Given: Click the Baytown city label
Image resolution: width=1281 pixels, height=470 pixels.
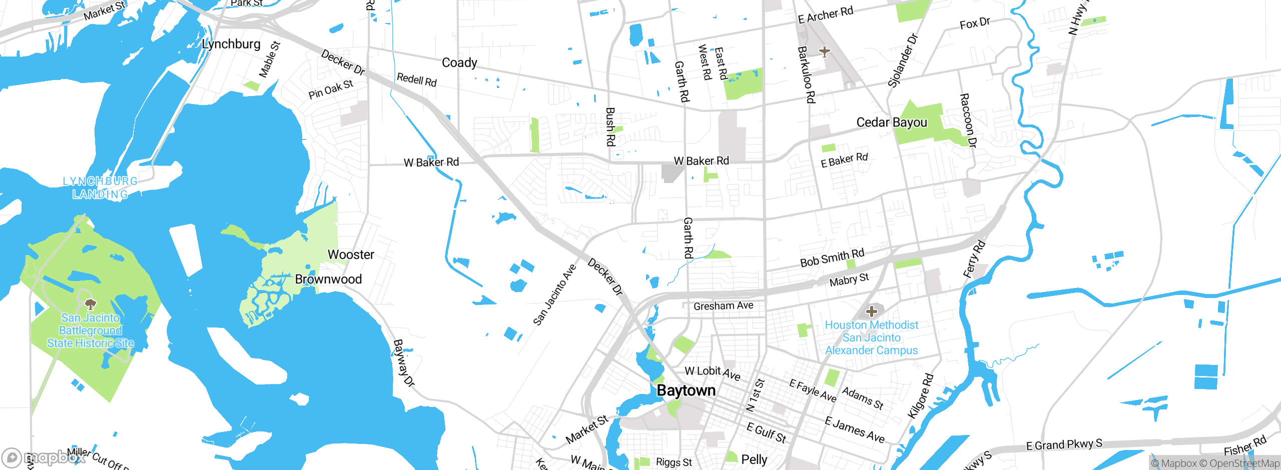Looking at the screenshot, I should pyautogui.click(x=686, y=390).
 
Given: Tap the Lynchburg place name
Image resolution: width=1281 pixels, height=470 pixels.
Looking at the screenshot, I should pyautogui.click(x=231, y=44).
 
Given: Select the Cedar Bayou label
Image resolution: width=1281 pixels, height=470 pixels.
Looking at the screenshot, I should pyautogui.click(x=892, y=122).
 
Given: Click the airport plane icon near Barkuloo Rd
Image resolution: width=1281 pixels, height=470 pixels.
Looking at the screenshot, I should pyautogui.click(x=824, y=51).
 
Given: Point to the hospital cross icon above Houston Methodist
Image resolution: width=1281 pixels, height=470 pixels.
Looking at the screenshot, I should pyautogui.click(x=871, y=311).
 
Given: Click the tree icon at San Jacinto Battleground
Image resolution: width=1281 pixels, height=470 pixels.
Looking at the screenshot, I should pyautogui.click(x=91, y=303).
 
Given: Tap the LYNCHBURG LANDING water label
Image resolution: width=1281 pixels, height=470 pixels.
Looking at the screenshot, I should pyautogui.click(x=100, y=187).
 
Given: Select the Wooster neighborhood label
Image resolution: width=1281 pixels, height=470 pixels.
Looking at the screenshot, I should pyautogui.click(x=351, y=254).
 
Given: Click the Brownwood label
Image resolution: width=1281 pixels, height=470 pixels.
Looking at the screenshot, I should pyautogui.click(x=328, y=279).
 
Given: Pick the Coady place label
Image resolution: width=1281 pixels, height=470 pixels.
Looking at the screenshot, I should pyautogui.click(x=459, y=62).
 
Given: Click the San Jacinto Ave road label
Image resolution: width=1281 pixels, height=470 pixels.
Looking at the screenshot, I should pyautogui.click(x=554, y=295).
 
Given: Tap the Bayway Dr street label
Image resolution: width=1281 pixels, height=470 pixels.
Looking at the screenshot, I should pyautogui.click(x=404, y=363).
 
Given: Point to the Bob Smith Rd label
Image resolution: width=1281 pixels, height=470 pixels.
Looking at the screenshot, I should pyautogui.click(x=832, y=258).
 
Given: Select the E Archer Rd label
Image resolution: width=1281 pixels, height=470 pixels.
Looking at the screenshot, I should pyautogui.click(x=825, y=15).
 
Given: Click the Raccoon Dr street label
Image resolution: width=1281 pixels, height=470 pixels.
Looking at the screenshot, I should pyautogui.click(x=968, y=120).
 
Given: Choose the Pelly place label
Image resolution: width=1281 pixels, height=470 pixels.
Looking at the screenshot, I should pyautogui.click(x=754, y=459).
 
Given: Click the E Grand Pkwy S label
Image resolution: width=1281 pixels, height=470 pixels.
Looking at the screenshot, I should pyautogui.click(x=1064, y=444).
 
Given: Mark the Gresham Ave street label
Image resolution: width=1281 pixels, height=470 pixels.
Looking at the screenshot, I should pyautogui.click(x=723, y=305).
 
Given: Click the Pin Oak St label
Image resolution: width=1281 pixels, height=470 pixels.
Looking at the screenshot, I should pyautogui.click(x=331, y=89).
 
